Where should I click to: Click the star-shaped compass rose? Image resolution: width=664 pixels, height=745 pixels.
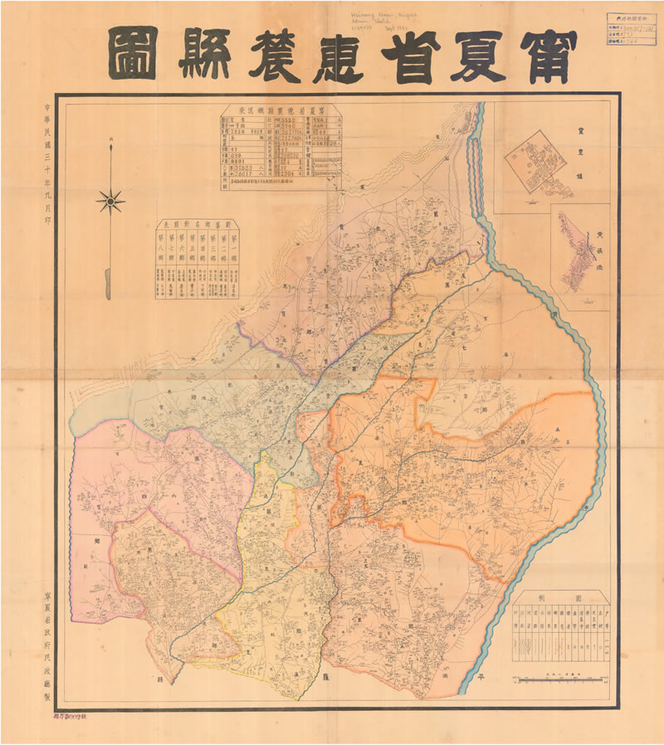[110, 200]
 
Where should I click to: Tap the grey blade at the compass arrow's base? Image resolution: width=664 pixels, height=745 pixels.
[109, 282]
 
